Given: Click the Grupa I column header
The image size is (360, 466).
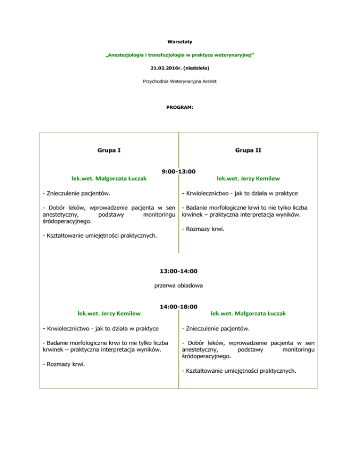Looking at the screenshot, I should tap(109, 151).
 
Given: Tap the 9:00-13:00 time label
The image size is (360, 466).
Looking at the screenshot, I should tap(178, 172).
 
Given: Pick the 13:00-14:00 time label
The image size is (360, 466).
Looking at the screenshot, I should tap(178, 271).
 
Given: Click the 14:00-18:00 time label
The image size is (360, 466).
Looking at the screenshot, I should tap(178, 307).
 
